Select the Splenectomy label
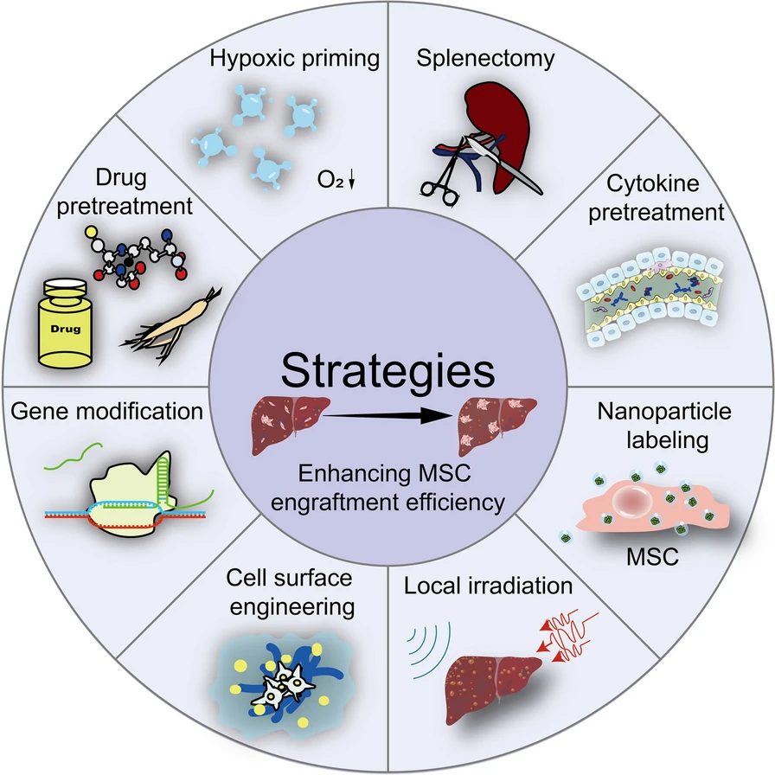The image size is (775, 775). pos(485,59)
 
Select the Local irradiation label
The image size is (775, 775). pos(488,586)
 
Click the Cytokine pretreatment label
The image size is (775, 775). pos(656,199)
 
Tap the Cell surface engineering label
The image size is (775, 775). pos(290,591)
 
